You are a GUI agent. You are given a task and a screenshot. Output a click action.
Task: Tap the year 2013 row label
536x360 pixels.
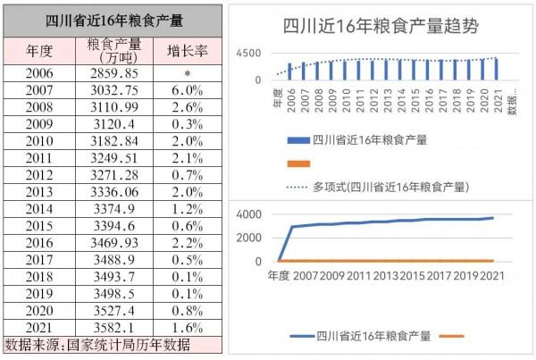coord(40,191)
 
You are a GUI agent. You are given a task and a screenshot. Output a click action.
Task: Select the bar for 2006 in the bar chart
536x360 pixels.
coord(290,71)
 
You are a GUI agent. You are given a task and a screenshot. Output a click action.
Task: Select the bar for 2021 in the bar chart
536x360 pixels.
coord(497,69)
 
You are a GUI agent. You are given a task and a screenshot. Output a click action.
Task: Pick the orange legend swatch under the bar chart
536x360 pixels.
coord(298,163)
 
